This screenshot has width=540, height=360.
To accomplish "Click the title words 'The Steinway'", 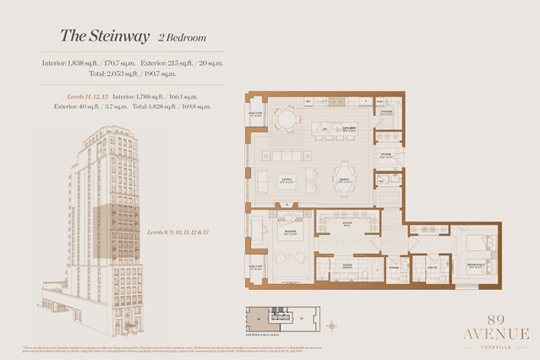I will coord(105,36).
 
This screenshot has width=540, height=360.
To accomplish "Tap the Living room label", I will coord(286,178).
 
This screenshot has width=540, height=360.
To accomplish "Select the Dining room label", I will coord(345,178).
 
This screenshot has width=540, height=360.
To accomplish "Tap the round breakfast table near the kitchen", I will coord(287,120).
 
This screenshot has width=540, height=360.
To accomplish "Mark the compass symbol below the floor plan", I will coord(331,324).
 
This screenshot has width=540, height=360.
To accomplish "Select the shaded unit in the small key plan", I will coord(254,318).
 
